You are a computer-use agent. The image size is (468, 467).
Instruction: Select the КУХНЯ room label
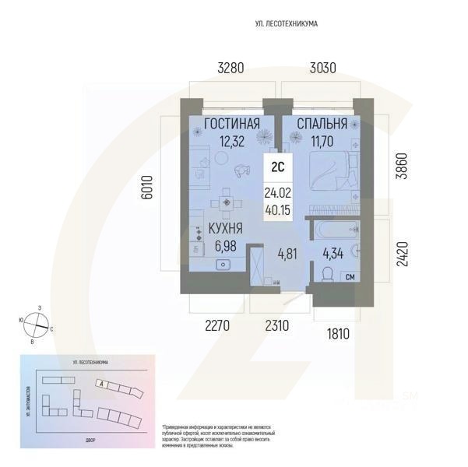coord(225,229)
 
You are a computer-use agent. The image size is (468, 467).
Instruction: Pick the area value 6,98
coord(225,246)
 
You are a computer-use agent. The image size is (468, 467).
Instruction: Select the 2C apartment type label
coord(277,166)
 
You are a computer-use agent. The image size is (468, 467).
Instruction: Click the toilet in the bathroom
coord(327,273)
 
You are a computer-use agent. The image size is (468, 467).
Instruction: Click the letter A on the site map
coord(102,384)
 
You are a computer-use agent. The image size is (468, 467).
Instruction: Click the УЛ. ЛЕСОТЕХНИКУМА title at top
coord(287,24)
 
